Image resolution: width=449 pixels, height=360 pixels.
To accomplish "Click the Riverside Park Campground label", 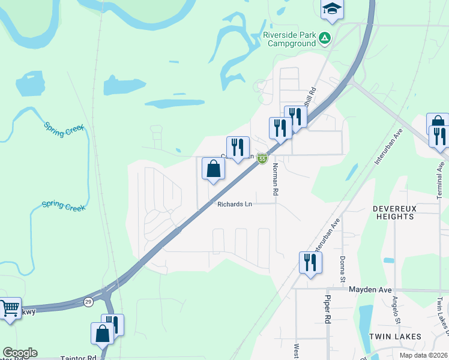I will click(x=289, y=40).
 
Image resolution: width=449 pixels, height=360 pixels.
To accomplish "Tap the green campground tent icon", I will click(x=325, y=38).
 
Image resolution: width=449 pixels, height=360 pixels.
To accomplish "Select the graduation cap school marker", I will click(x=331, y=9).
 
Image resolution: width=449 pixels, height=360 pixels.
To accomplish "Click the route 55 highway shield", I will click(x=262, y=158).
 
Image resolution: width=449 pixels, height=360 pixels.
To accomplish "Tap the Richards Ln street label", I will click(x=235, y=204).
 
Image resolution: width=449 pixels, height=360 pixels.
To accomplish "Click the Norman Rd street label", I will click(x=276, y=180).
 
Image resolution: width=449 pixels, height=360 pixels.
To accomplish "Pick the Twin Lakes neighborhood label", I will click(x=394, y=336).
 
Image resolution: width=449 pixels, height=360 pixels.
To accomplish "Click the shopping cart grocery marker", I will click(x=10, y=309).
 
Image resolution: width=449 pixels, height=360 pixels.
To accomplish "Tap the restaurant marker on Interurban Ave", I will click(x=310, y=263).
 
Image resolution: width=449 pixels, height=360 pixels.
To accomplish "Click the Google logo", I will click(x=19, y=353).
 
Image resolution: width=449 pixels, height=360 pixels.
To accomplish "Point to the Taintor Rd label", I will click(x=78, y=358).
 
